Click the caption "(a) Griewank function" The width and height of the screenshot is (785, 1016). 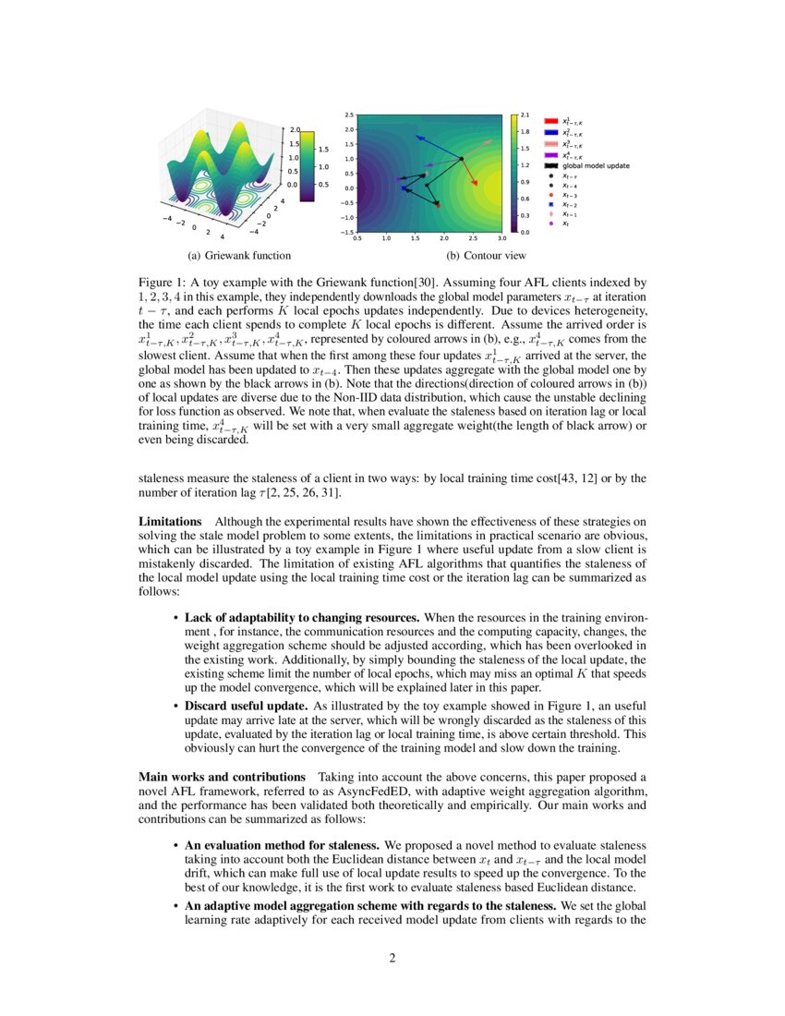click(226, 255)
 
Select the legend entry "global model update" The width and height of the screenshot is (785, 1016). click(597, 165)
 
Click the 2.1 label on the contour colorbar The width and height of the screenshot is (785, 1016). click(525, 115)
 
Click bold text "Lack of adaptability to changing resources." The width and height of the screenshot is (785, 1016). click(302, 616)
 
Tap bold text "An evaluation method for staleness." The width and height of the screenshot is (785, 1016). click(283, 845)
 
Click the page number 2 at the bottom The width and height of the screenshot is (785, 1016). click(392, 958)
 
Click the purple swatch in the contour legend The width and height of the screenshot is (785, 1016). click(549, 154)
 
